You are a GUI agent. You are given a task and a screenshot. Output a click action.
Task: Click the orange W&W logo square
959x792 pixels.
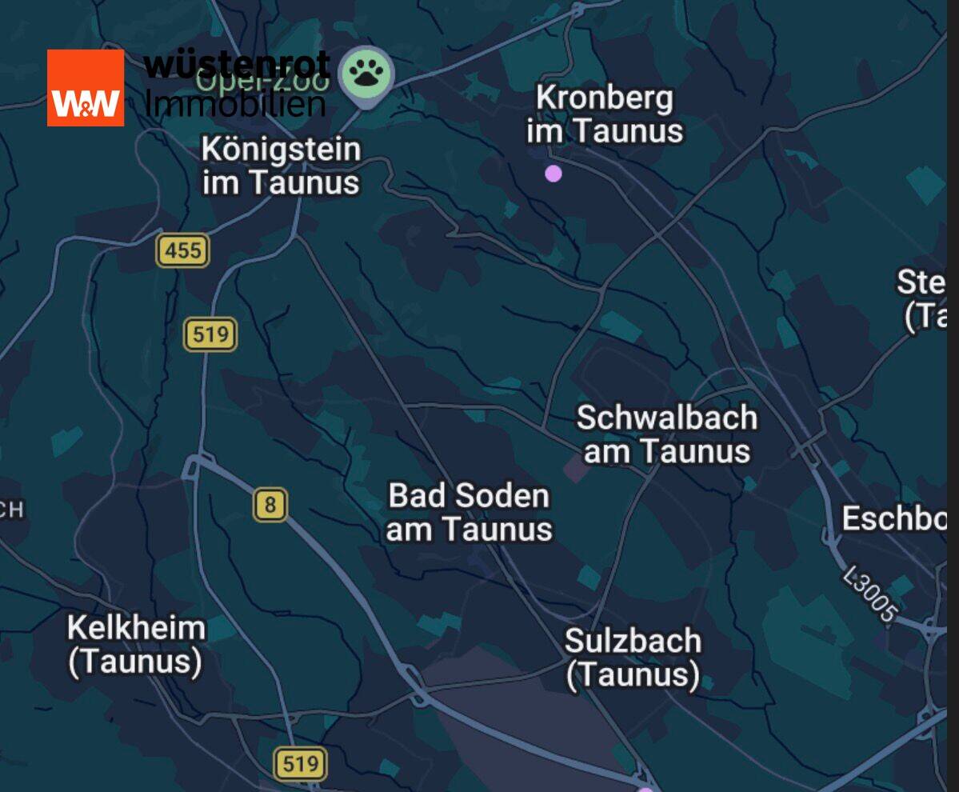(x=86, y=88)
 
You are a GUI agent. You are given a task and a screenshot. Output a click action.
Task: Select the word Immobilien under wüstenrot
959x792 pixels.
(x=236, y=103)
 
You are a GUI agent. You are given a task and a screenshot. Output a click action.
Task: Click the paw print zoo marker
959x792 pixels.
(x=367, y=74)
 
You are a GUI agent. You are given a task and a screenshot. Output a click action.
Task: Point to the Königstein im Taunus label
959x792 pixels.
(x=281, y=166)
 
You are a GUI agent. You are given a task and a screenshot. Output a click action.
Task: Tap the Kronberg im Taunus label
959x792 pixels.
(x=605, y=114)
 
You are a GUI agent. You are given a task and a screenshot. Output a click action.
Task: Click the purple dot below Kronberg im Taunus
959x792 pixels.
(x=553, y=174)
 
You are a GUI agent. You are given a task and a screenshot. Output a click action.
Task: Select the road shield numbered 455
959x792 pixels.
(x=183, y=251)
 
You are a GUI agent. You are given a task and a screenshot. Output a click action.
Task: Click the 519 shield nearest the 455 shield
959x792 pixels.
(x=210, y=334)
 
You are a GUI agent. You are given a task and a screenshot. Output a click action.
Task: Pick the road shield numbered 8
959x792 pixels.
(x=271, y=506)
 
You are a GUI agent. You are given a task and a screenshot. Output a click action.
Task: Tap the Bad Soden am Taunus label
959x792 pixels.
(x=470, y=512)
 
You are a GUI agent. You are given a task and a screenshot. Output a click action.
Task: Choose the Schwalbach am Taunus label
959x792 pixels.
(x=667, y=434)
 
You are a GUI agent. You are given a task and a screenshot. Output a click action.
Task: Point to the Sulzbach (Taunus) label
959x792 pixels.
(x=633, y=658)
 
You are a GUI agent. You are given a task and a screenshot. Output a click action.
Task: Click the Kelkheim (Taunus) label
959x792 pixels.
(x=135, y=645)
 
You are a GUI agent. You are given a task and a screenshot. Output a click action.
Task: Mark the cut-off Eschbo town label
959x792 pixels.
(x=894, y=519)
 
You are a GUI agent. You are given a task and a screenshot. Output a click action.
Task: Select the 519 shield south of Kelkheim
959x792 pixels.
(x=300, y=764)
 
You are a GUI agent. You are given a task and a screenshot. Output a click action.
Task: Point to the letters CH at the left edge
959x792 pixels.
(x=12, y=510)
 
